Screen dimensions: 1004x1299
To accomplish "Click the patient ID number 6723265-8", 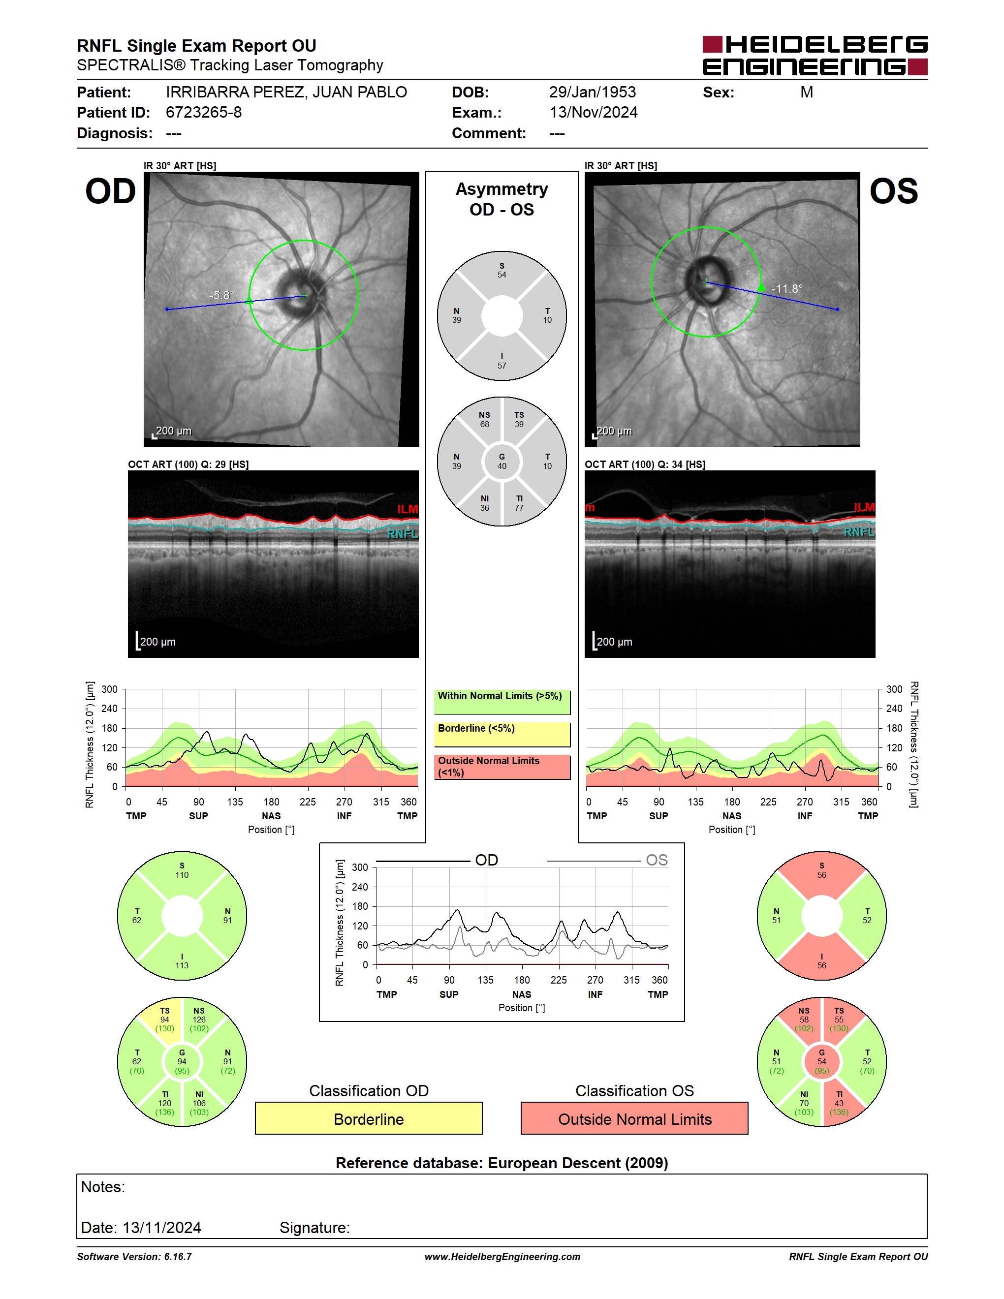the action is coord(203,112).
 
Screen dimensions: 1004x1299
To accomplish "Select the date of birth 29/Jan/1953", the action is coord(593,92).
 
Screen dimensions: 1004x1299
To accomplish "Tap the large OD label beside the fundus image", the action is coord(111,191).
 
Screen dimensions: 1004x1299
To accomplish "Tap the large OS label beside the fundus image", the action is coord(893,191).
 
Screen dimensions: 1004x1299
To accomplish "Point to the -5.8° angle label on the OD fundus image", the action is coord(222,295).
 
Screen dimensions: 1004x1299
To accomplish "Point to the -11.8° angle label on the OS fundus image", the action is coord(787,288).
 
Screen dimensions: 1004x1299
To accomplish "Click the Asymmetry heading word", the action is coord(502,189).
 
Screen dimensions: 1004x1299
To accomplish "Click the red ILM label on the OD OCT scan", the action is coord(408,509).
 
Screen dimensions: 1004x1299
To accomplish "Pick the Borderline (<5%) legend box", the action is coord(502,735).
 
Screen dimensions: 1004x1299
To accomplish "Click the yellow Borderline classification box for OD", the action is coord(369,1118).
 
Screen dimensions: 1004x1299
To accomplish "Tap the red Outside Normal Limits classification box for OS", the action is coord(635,1118).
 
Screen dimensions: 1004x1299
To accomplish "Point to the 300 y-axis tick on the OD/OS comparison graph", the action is coord(360,867).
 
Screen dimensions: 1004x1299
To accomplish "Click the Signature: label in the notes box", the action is coord(314,1228).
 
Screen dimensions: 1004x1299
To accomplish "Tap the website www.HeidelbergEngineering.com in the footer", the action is coord(502,1256).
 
